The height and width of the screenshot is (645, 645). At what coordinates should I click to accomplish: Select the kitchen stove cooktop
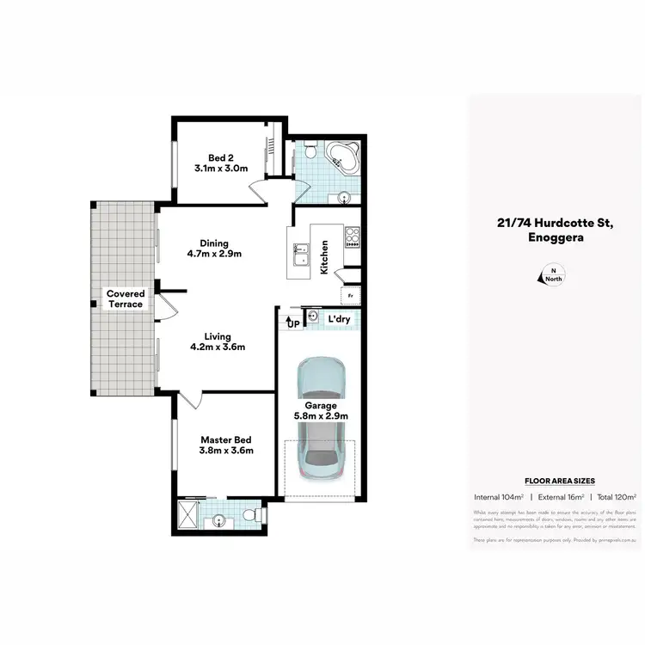click(x=352, y=236)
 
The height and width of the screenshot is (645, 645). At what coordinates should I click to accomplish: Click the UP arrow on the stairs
click(x=292, y=322)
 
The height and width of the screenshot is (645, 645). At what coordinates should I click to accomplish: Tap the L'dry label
click(x=339, y=319)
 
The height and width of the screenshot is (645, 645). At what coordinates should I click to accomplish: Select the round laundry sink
click(x=314, y=318)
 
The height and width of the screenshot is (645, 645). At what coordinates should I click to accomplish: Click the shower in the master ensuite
click(x=189, y=516)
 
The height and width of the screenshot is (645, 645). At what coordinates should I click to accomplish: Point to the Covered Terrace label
click(x=126, y=299)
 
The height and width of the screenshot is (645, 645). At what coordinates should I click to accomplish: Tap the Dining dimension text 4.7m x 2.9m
click(x=215, y=254)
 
